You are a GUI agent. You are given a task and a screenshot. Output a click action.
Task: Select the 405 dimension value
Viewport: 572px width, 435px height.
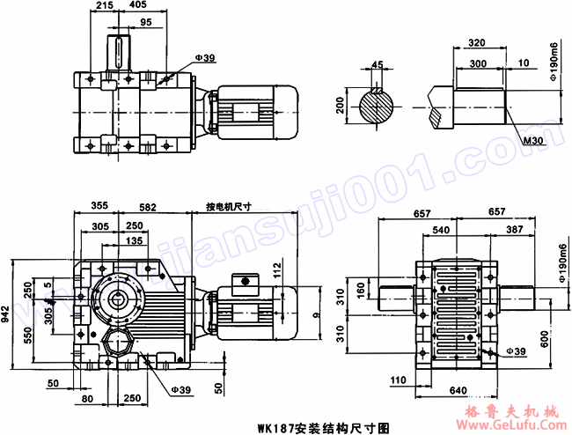pos(136,6)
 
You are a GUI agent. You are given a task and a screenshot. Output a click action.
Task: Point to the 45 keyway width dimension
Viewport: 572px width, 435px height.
pos(378,63)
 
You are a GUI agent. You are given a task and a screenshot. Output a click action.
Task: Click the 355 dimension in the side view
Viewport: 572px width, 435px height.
pos(99,205)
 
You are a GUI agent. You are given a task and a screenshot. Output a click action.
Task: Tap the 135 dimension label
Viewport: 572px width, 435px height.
pos(136,240)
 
